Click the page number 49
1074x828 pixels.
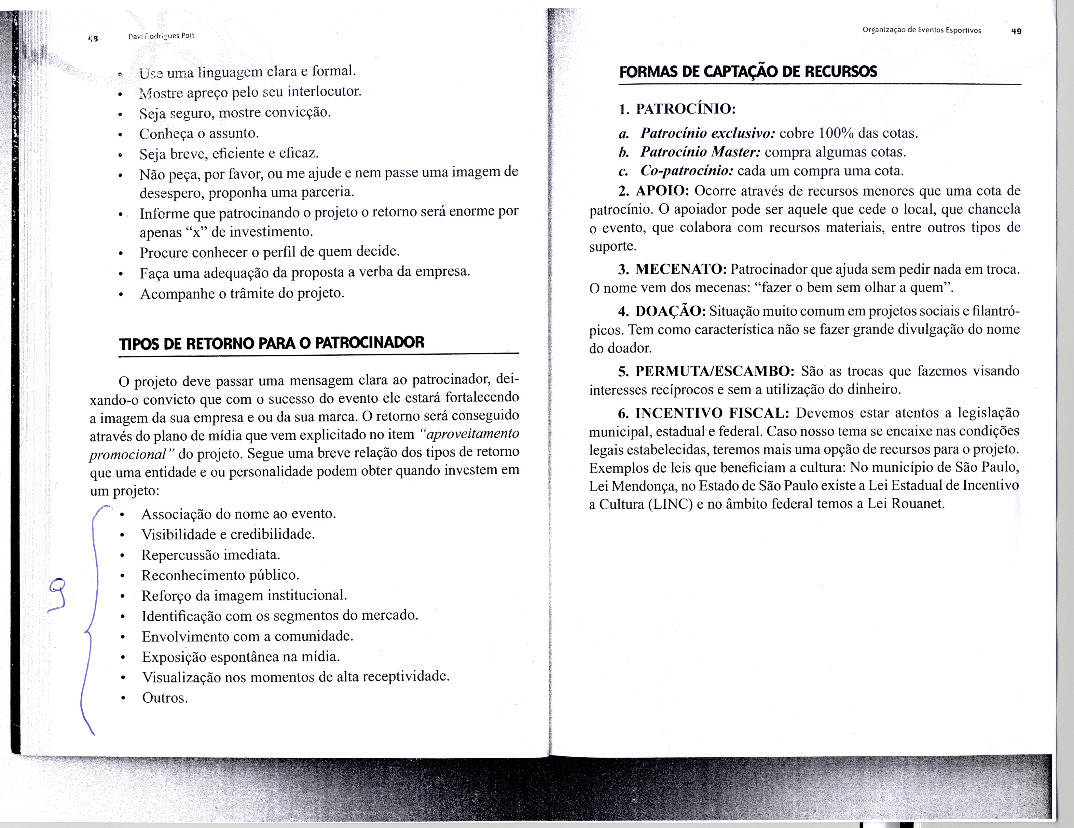[1016, 31]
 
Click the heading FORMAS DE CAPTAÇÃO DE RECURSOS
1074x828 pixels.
[748, 72]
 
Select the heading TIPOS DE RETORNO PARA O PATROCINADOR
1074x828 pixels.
[271, 343]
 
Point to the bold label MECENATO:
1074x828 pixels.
[681, 269]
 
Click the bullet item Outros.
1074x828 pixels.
[165, 698]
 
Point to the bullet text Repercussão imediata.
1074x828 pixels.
[211, 555]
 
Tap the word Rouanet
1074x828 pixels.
[918, 504]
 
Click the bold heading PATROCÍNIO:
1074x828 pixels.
[685, 109]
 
